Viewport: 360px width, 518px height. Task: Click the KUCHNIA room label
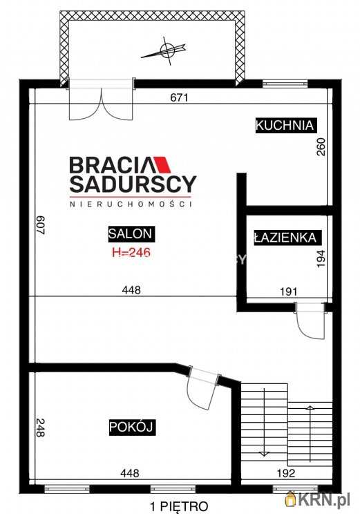[x=285, y=126]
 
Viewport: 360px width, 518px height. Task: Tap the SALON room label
[x=131, y=233]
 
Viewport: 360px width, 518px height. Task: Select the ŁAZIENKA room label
[x=285, y=237]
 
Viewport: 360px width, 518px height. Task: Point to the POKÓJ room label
[x=131, y=428]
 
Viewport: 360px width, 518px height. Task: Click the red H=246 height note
[x=131, y=252]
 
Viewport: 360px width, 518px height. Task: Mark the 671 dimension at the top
[x=179, y=97]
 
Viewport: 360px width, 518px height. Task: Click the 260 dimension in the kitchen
[x=321, y=146]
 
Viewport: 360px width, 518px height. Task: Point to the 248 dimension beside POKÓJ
[x=40, y=429]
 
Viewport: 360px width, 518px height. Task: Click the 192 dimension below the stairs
[x=286, y=474]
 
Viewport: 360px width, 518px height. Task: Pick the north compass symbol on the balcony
[x=166, y=50]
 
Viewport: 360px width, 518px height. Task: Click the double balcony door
[x=101, y=101]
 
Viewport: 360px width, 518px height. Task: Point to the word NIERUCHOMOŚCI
[x=130, y=204]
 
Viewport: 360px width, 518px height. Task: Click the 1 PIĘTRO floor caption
[x=178, y=506]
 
